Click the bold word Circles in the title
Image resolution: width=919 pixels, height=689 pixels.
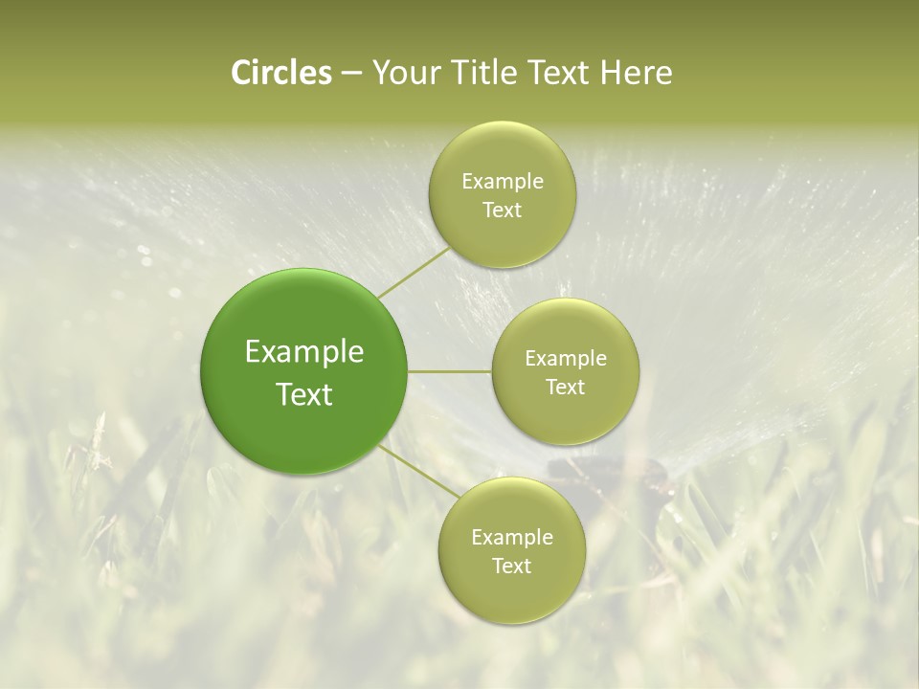(x=281, y=73)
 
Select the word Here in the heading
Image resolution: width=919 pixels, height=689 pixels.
(x=636, y=73)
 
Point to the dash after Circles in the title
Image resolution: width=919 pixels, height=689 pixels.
(x=351, y=74)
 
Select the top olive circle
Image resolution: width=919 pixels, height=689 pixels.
(x=502, y=194)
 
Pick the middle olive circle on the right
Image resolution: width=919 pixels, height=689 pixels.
(x=565, y=371)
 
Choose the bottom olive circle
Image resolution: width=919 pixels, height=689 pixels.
(x=511, y=550)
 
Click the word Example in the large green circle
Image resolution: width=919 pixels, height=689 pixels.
(x=304, y=352)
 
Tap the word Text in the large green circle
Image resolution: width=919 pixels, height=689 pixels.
(x=304, y=394)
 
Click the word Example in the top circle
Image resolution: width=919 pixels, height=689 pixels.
(x=503, y=181)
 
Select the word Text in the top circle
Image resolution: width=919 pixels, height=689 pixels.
(x=502, y=210)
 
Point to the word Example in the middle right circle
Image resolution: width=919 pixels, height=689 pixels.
(x=566, y=358)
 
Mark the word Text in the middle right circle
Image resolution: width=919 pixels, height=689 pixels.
(x=565, y=387)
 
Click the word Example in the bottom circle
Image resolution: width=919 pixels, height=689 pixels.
(x=512, y=537)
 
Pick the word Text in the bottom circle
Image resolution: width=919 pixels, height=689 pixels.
(x=511, y=566)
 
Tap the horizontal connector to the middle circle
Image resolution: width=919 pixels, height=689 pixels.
(x=450, y=371)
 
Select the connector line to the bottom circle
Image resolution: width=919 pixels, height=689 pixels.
(x=419, y=474)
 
